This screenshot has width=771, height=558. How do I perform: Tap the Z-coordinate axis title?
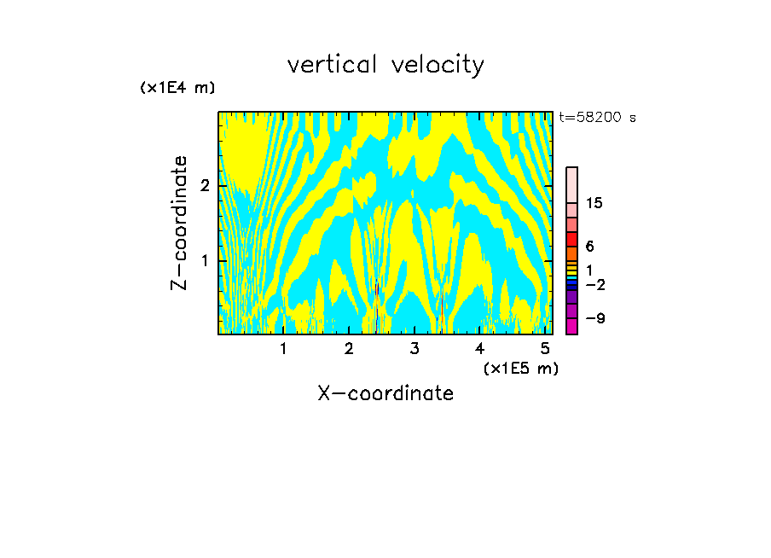pyautogui.click(x=179, y=223)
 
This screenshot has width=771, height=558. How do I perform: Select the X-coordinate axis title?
pyautogui.click(x=385, y=393)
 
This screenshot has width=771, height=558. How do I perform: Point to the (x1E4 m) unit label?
pyautogui.click(x=177, y=87)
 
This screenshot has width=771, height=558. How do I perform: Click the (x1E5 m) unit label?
pyautogui.click(x=520, y=368)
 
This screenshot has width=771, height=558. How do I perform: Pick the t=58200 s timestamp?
pyautogui.click(x=597, y=118)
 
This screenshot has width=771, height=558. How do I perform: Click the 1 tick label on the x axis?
pyautogui.click(x=284, y=349)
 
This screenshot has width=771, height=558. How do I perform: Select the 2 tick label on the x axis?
pyautogui.click(x=349, y=349)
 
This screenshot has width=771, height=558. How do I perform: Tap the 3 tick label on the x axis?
pyautogui.click(x=414, y=349)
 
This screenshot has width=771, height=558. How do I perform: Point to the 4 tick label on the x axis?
pyautogui.click(x=480, y=349)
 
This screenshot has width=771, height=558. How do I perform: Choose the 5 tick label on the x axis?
pyautogui.click(x=545, y=349)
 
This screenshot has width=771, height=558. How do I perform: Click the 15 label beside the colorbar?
pyautogui.click(x=594, y=203)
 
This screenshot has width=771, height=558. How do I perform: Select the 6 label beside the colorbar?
pyautogui.click(x=589, y=247)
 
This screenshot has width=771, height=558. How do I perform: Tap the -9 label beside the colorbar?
pyautogui.click(x=594, y=318)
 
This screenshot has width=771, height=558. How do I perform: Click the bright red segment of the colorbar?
pyautogui.click(x=571, y=239)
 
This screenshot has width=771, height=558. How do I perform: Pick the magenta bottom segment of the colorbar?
pyautogui.click(x=571, y=326)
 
